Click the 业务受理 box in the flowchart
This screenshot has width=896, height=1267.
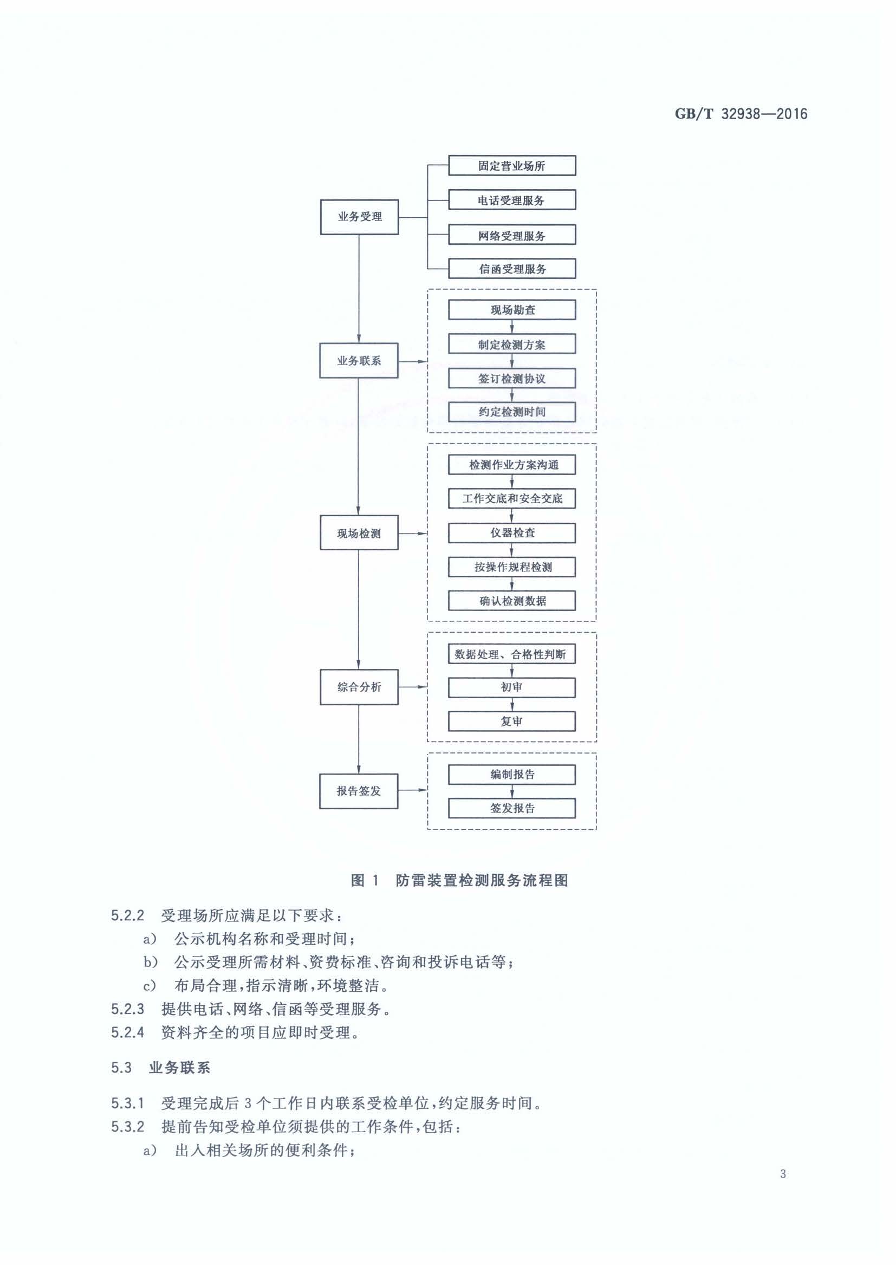coord(359,217)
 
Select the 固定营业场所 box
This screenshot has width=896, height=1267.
coord(512,166)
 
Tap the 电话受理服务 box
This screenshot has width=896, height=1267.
coord(512,200)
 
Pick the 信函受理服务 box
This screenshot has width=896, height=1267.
coord(512,269)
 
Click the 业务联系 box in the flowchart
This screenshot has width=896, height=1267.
coord(359,360)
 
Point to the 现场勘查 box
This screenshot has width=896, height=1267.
coord(512,310)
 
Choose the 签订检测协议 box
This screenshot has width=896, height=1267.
coord(512,379)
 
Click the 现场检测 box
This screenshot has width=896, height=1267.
coord(359,533)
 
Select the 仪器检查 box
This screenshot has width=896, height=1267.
coord(512,533)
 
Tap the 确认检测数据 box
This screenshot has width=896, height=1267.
coord(512,601)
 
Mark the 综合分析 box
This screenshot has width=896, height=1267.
coord(359,687)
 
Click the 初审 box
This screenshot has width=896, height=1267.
coord(512,687)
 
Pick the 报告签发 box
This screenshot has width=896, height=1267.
coord(359,791)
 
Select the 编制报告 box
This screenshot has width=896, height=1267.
coord(512,775)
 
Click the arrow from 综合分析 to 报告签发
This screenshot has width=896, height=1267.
coord(359,739)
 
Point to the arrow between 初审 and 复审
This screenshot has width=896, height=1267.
coord(512,705)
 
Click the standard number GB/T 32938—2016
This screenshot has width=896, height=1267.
coord(741,114)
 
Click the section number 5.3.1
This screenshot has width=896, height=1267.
coord(127,1103)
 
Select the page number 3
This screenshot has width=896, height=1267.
coord(783,1174)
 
